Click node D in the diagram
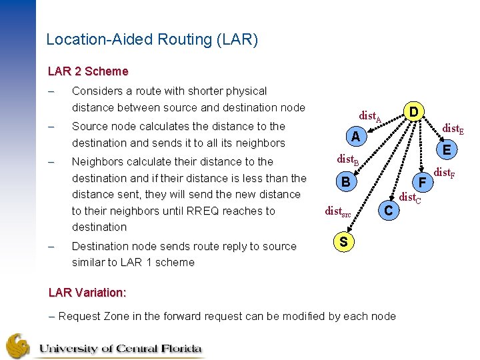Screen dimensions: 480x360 [x=414, y=109]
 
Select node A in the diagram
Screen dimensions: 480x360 [x=356, y=137]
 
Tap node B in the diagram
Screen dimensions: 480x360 [x=345, y=181]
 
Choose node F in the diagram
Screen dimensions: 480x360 [x=421, y=181]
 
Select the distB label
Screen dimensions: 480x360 [x=348, y=159]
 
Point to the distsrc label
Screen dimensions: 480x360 [x=337, y=211]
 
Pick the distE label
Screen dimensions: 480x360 [x=454, y=127]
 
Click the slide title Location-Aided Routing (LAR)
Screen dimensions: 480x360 [x=152, y=39]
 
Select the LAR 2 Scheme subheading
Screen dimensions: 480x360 [x=88, y=71]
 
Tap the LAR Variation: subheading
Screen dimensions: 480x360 [x=87, y=293]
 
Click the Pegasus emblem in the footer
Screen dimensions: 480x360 [x=18, y=345]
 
